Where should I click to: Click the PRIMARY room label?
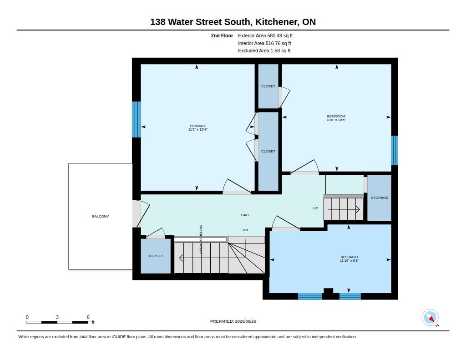(x=198, y=126)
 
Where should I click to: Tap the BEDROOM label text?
(x=336, y=116)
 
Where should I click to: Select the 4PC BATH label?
(x=349, y=257)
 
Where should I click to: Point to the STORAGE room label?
(x=380, y=198)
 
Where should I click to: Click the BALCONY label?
(x=101, y=217)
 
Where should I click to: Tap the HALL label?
(x=245, y=215)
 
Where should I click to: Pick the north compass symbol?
(x=431, y=318)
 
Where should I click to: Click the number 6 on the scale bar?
(x=88, y=317)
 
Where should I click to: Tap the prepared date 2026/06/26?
(x=245, y=321)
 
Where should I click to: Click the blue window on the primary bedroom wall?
(x=137, y=120)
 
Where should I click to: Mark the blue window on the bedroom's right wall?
(x=395, y=151)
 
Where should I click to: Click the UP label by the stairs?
(x=315, y=208)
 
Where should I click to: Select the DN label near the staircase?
(x=245, y=230)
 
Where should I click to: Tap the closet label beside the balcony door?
(x=156, y=256)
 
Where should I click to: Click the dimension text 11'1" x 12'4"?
(x=198, y=130)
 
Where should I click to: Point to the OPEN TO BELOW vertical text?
(x=201, y=239)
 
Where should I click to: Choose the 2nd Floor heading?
(x=222, y=35)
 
